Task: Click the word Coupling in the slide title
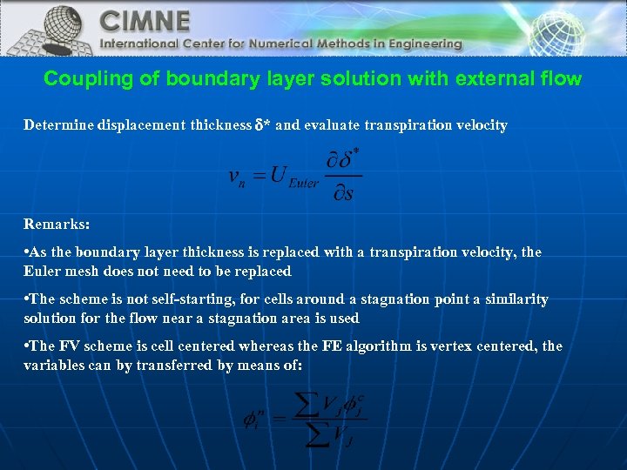click(81, 79)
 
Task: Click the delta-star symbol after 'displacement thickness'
click(261, 125)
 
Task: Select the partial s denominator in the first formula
click(344, 192)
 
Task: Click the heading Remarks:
click(57, 224)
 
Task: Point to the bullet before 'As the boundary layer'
click(27, 252)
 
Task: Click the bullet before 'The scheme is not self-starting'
click(27, 299)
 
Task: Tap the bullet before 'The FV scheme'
click(27, 346)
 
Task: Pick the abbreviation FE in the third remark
click(332, 346)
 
